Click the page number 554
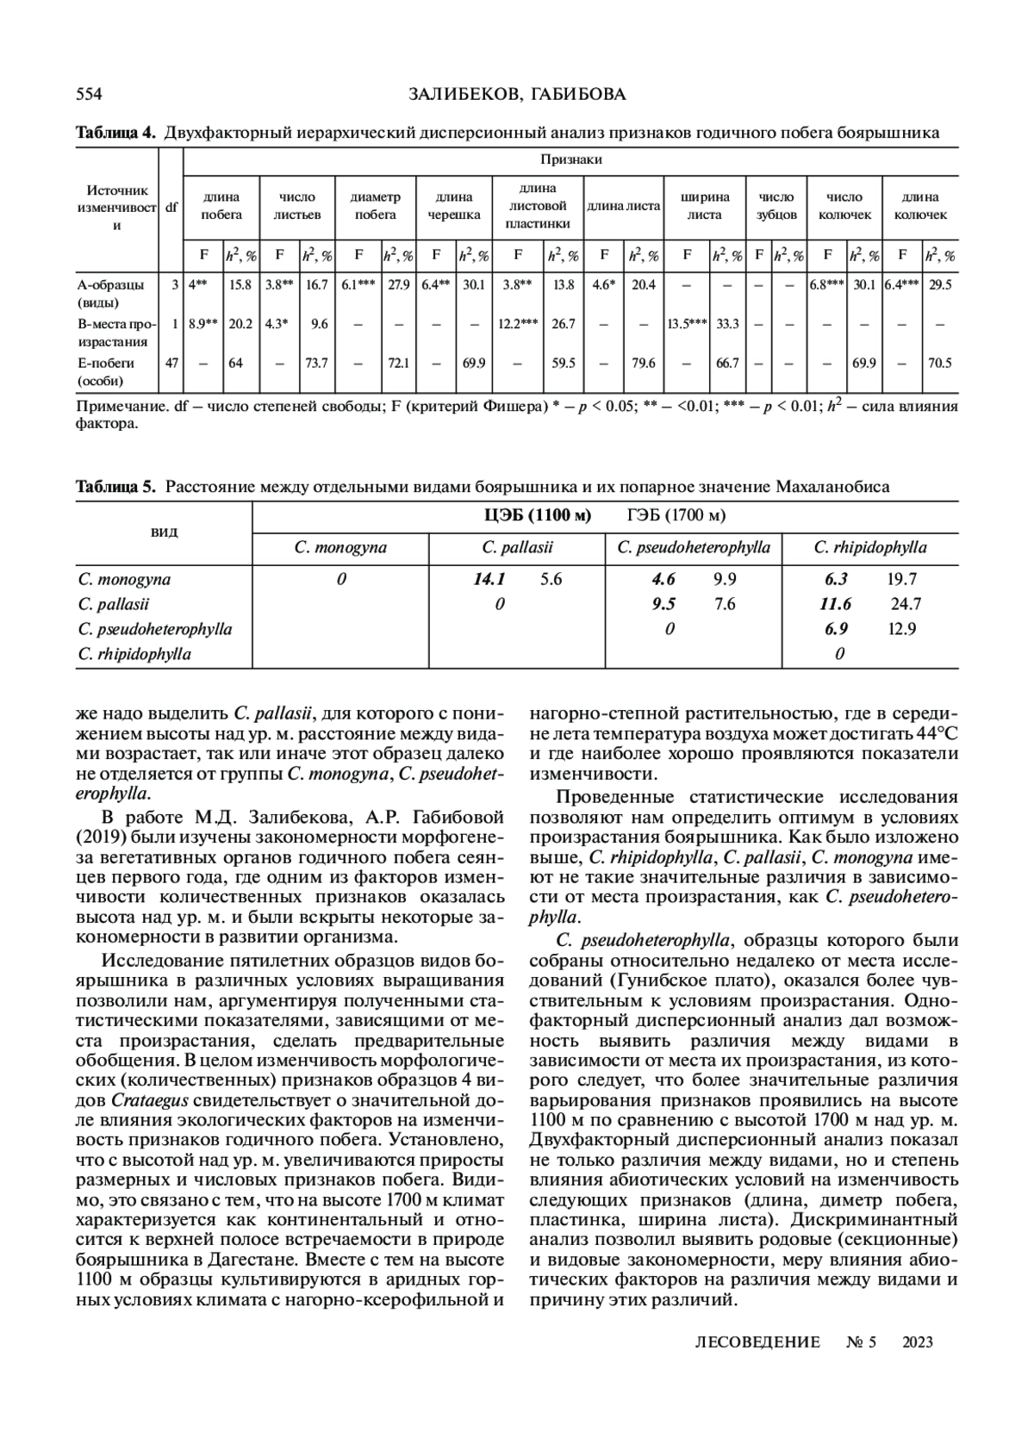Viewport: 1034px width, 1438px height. click(90, 94)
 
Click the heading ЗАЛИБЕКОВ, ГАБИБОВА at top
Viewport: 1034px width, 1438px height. click(517, 94)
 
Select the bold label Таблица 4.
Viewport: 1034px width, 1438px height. click(115, 133)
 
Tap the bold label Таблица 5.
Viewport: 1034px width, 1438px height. click(115, 487)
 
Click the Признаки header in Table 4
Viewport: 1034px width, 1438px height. click(570, 159)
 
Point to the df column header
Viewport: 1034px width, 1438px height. click(171, 207)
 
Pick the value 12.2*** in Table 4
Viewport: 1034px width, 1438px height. click(517, 324)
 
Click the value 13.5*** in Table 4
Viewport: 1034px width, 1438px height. click(686, 324)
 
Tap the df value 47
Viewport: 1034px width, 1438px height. click(171, 363)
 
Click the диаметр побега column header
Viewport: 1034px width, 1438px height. click(376, 207)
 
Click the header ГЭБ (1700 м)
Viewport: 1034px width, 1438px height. click(676, 515)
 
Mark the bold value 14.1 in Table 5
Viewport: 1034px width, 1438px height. click(489, 580)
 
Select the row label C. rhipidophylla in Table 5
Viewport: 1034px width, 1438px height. click(134, 654)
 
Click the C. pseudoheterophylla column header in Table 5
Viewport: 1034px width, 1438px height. click(694, 548)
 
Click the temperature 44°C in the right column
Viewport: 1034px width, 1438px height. click(934, 734)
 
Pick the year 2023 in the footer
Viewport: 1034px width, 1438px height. click(918, 1342)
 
